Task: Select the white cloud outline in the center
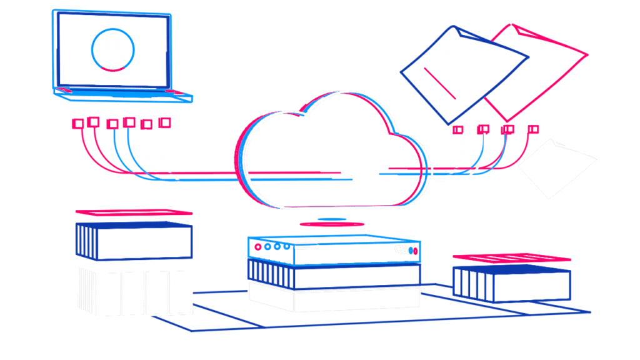(x=331, y=150)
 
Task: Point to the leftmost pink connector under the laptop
(x=77, y=123)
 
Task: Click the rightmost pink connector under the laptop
(x=164, y=122)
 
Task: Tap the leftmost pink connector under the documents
(x=459, y=130)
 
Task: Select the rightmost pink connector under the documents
(x=532, y=129)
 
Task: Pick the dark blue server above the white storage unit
(x=133, y=241)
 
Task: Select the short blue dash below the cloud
(x=332, y=219)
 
